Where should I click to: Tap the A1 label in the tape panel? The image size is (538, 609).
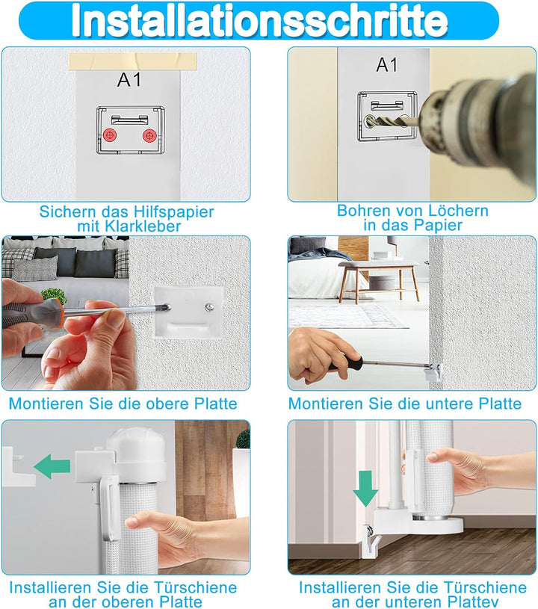[x=129, y=81]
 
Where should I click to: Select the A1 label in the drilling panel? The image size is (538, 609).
[x=387, y=65]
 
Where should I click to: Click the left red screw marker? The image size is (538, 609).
[x=111, y=135]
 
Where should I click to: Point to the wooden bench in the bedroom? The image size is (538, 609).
[x=379, y=273]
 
